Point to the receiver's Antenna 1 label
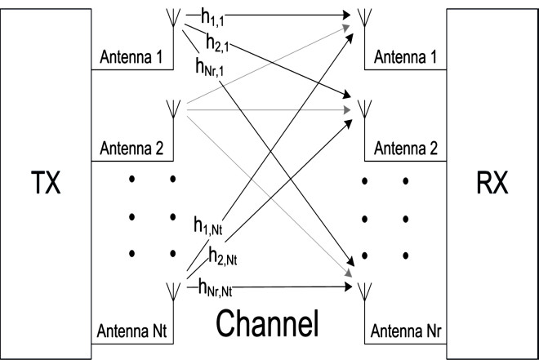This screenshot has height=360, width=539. [406, 59]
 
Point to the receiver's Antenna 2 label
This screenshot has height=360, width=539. [406, 149]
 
